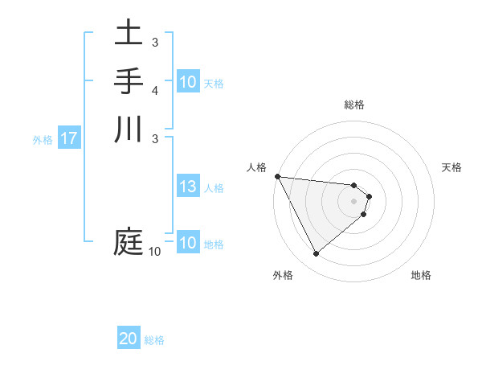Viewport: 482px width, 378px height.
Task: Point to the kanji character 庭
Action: (x=129, y=240)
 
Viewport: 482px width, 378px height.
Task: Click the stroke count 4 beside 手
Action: (x=155, y=89)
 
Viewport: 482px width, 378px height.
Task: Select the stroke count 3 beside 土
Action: (x=155, y=42)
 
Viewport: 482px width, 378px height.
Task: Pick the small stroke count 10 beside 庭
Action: (x=155, y=252)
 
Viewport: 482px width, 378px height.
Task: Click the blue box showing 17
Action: (x=69, y=138)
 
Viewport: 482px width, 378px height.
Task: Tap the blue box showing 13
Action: (x=188, y=187)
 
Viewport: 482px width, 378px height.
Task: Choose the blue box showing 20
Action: (x=129, y=339)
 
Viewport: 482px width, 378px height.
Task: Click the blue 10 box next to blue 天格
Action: (x=188, y=82)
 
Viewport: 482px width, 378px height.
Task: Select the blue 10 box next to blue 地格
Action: (x=188, y=243)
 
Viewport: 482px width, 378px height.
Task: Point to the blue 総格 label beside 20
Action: (x=154, y=340)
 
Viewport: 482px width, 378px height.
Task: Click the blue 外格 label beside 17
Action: (x=43, y=139)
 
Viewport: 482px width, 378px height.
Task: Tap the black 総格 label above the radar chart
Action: (x=354, y=105)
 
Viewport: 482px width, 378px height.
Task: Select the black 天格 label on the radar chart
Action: (x=452, y=167)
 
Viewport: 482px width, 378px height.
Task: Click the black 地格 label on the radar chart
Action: (x=421, y=275)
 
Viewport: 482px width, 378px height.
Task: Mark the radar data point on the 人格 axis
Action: (x=277, y=176)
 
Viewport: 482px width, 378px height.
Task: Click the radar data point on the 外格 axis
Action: (x=316, y=253)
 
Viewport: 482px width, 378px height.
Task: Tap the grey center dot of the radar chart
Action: (x=354, y=200)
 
